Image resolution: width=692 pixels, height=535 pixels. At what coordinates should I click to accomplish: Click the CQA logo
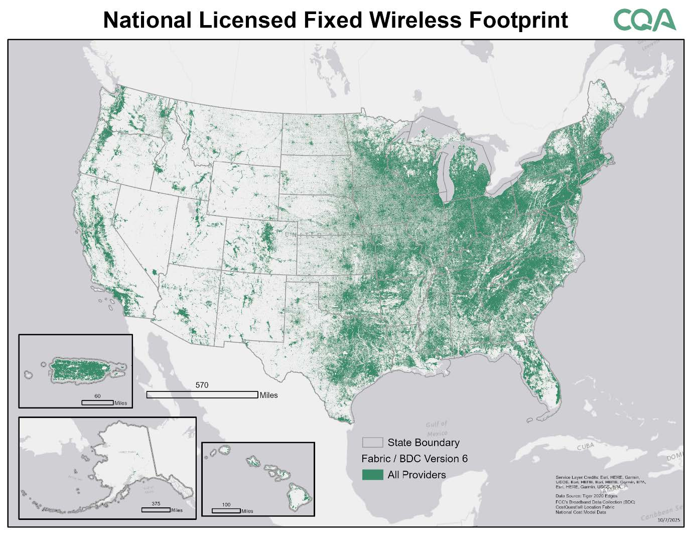tap(644, 20)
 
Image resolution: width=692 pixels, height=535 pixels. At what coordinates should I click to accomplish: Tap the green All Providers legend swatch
tap(372, 475)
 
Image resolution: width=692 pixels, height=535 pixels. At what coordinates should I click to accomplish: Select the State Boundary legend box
tap(372, 442)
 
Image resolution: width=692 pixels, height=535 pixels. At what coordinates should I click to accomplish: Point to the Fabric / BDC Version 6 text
tap(414, 459)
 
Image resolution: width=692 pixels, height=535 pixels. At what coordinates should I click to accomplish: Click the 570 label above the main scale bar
tap(202, 385)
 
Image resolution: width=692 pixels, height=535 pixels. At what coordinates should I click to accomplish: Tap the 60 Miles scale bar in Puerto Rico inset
tap(97, 402)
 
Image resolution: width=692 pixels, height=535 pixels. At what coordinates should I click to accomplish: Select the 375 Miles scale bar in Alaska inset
tap(156, 509)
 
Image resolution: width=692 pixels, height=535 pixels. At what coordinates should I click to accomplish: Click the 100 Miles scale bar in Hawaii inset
tap(226, 510)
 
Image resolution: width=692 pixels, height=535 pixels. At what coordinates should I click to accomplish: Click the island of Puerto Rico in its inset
tap(83, 370)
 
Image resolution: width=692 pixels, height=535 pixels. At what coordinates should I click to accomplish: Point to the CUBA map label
tap(585, 446)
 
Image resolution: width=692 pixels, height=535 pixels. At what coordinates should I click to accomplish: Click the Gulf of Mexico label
tap(437, 428)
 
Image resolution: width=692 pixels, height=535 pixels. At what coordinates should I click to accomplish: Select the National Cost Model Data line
tap(581, 512)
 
